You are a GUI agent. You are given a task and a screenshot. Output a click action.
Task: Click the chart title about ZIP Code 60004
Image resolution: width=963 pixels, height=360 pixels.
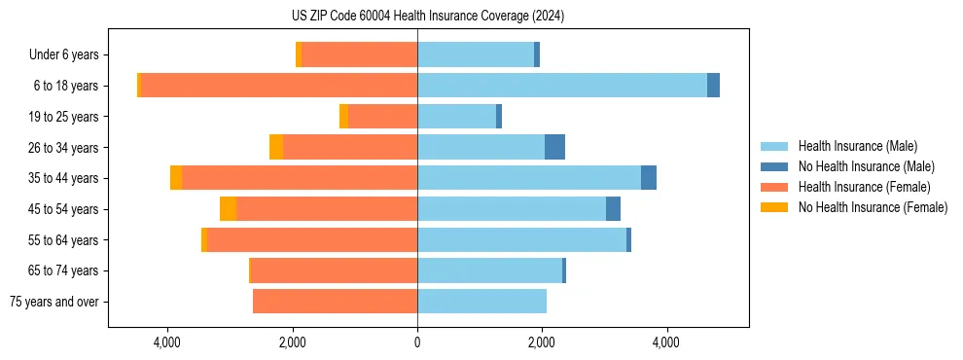[x=427, y=17]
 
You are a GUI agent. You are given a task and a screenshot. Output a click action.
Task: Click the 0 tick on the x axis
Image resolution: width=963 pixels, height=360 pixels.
[x=417, y=342]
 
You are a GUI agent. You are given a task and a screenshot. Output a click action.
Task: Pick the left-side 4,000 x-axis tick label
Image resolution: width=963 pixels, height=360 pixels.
[x=167, y=342]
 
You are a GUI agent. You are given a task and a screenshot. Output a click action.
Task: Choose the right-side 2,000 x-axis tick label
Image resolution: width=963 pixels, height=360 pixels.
[x=542, y=342]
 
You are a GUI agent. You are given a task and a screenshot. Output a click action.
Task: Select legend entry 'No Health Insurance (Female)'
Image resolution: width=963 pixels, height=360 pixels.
[x=873, y=207]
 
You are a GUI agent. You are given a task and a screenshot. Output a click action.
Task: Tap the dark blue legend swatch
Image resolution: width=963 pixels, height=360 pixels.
[x=775, y=166]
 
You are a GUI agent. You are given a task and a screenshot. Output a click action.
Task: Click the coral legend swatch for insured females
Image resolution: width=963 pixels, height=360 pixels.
[x=775, y=187]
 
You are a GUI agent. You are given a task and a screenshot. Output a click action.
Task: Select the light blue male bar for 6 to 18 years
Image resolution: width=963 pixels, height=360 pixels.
[x=562, y=86]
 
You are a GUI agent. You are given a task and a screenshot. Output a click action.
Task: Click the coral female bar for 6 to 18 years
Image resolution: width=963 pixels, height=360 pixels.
[x=279, y=86]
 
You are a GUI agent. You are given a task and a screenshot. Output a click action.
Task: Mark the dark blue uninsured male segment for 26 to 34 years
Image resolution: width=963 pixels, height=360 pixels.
[x=554, y=147]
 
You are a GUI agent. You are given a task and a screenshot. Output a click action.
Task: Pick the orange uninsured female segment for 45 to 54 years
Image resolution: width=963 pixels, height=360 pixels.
[x=228, y=209]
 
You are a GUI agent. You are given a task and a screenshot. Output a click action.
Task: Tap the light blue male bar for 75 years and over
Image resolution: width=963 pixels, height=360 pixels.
[x=481, y=302]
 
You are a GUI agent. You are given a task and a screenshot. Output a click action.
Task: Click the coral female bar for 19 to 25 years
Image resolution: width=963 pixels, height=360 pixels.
[x=382, y=117]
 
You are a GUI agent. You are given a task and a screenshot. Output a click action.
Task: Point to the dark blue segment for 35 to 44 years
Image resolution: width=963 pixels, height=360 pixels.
[x=649, y=178]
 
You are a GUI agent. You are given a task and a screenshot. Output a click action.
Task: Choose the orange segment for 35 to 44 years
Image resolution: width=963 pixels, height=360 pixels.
[x=176, y=178]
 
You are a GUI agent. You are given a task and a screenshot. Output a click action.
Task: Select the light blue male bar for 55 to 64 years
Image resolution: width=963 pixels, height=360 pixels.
[x=521, y=239]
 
